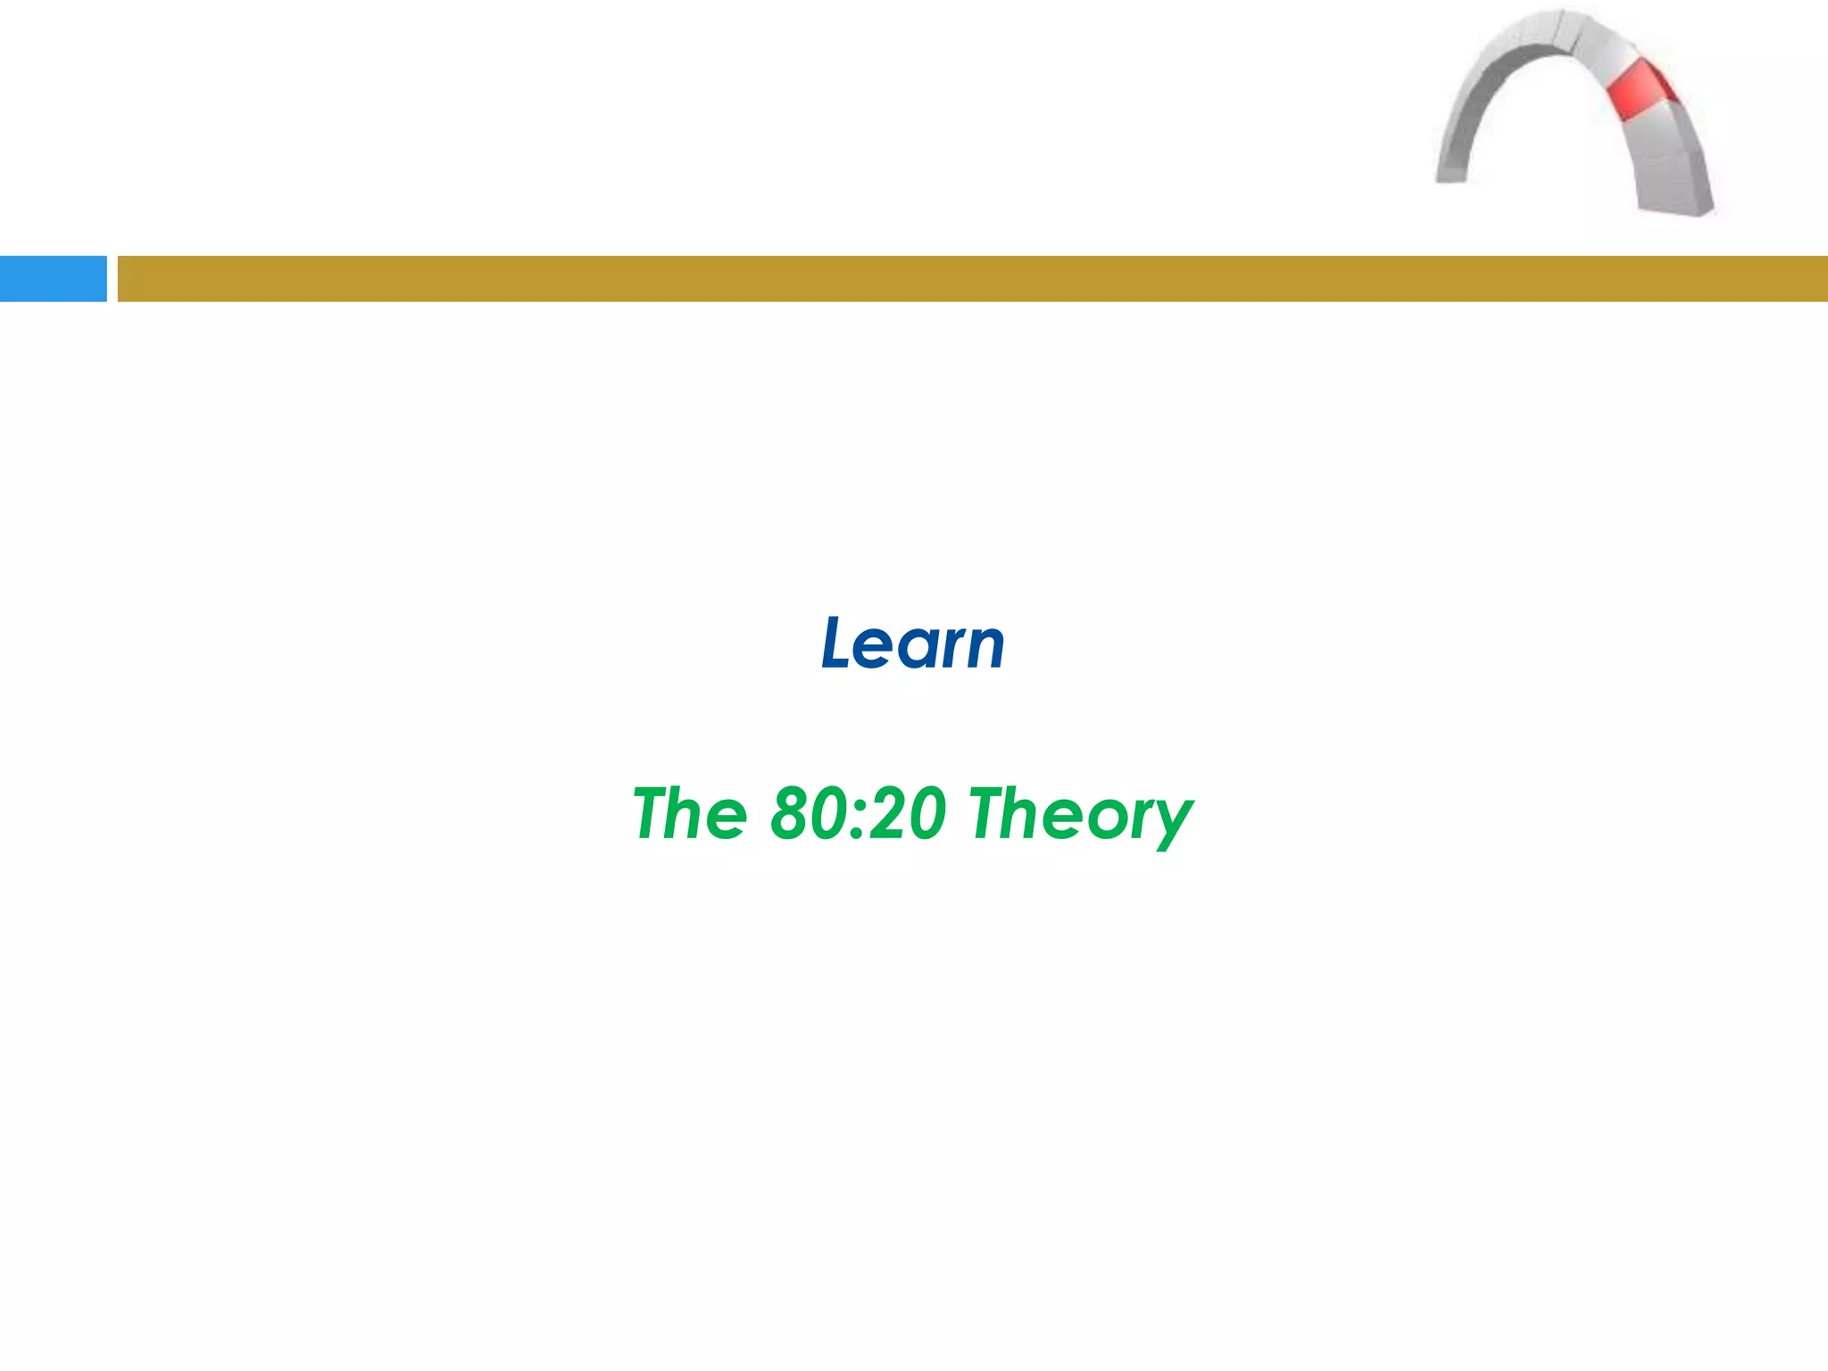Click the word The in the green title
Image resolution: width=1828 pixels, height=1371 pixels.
(690, 814)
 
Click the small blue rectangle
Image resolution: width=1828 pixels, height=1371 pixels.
(53, 278)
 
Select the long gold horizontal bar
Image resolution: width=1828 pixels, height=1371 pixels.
(972, 278)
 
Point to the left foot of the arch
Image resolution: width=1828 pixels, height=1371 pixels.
(1451, 170)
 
